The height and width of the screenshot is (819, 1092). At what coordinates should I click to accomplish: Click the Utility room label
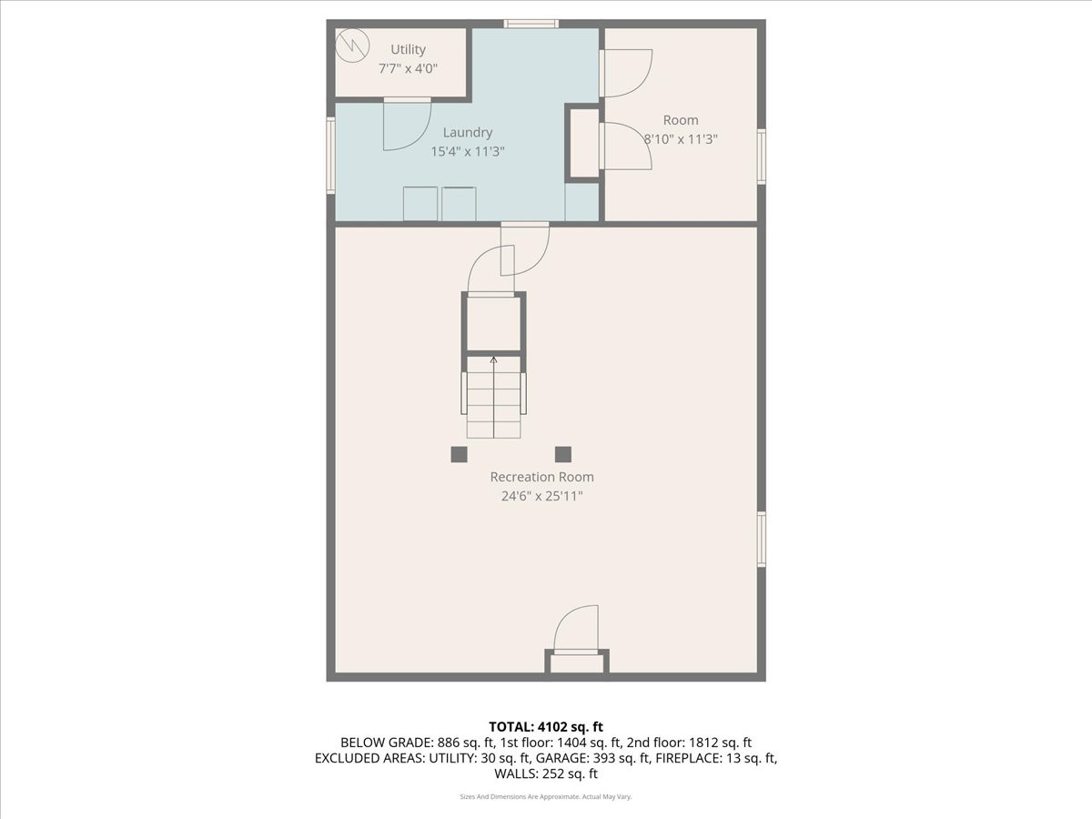coord(408,49)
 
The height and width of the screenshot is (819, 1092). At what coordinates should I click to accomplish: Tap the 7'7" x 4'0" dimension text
coord(408,67)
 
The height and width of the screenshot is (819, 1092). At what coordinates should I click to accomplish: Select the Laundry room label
coord(467,132)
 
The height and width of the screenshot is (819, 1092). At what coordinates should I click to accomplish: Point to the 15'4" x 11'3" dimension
coord(467,151)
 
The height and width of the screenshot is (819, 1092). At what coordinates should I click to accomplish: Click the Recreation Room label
coord(541,477)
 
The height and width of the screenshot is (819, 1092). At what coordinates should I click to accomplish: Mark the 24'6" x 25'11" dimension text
coord(541,496)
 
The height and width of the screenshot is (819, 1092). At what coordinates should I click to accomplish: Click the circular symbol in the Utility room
coord(350,44)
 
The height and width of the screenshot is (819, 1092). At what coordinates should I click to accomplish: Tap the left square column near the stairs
coord(459,454)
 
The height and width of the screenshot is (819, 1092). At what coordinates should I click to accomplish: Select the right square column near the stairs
coord(563,454)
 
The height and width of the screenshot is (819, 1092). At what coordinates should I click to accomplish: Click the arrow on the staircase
coord(494,360)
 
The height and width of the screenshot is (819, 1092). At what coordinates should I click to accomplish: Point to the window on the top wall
coord(531,24)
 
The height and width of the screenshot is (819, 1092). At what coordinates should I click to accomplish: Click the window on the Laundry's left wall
coord(331,155)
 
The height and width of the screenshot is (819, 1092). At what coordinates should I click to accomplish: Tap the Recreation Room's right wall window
coord(762,539)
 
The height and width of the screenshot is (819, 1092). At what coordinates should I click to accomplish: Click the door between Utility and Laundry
coord(407,124)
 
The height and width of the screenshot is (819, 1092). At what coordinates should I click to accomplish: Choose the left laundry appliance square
coord(420,204)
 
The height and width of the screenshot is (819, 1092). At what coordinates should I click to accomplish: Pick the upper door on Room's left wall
coord(625,73)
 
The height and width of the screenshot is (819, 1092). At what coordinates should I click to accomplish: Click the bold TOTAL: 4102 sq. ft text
coord(546,726)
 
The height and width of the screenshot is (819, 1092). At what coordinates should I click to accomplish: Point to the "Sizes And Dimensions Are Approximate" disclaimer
coord(545,796)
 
